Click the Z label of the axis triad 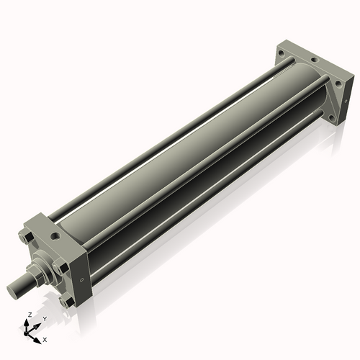(x=27, y=315)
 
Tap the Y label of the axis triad (x=45, y=318)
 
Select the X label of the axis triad (x=45, y=338)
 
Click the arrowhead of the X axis (x=39, y=336)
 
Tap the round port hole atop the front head (x=55, y=235)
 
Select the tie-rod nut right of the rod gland (x=63, y=266)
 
